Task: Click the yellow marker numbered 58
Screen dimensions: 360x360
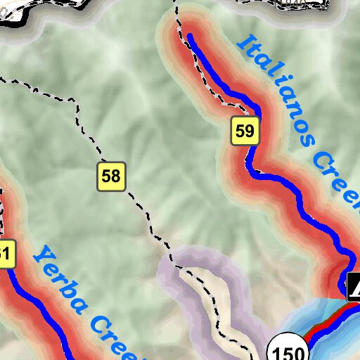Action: [x=111, y=176]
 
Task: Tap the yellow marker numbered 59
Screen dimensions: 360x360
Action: [x=245, y=131]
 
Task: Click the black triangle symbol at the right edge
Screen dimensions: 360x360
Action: [x=354, y=286]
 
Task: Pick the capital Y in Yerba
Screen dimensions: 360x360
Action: [x=44, y=257]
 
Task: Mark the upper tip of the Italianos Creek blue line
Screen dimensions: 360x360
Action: [x=188, y=35]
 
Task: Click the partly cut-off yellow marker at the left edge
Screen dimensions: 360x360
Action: [x=6, y=255]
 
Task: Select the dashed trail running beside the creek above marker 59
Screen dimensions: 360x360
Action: [x=211, y=77]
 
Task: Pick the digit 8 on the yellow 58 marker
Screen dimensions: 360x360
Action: [x=116, y=176]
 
